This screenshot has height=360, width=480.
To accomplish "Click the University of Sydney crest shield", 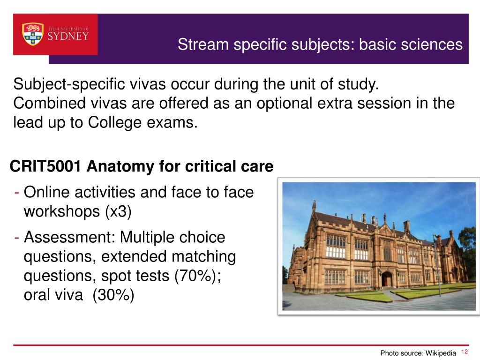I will [33, 34].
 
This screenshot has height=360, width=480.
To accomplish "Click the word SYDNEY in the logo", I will [68, 36].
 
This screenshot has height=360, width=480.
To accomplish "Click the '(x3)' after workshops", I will [118, 211].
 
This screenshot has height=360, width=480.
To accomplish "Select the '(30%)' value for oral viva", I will [113, 296].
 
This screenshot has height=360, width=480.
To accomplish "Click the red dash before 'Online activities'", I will [17, 192].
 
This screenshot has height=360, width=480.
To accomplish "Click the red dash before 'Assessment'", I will [17, 237].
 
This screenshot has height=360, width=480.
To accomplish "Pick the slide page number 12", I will [465, 352].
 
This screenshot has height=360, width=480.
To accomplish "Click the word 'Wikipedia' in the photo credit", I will [441, 353].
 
